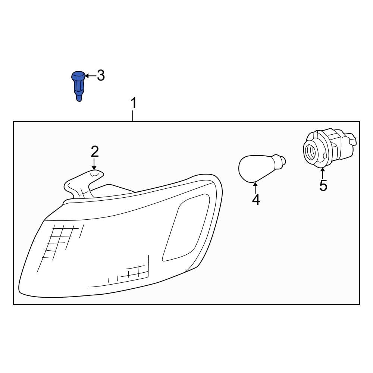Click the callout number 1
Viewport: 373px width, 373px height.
pyautogui.click(x=134, y=103)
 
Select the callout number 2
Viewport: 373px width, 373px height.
pyautogui.click(x=95, y=151)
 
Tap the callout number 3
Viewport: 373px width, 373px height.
pyautogui.click(x=101, y=75)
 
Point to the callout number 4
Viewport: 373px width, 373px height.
pyautogui.click(x=256, y=200)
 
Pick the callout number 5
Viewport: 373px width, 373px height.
pyautogui.click(x=323, y=185)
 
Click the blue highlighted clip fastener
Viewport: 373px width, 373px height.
pyautogui.click(x=78, y=86)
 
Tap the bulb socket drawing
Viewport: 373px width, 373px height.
pyautogui.click(x=329, y=148)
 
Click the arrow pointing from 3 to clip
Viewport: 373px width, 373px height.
pyautogui.click(x=90, y=76)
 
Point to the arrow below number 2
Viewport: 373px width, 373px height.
pyautogui.click(x=94, y=164)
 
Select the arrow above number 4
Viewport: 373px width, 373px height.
pyautogui.click(x=255, y=188)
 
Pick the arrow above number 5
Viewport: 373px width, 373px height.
pyautogui.click(x=322, y=173)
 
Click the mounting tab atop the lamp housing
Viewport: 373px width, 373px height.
pyautogui.click(x=83, y=183)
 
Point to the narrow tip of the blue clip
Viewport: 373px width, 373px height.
pyautogui.click(x=79, y=97)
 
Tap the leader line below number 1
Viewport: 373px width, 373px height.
pyautogui.click(x=133, y=116)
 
